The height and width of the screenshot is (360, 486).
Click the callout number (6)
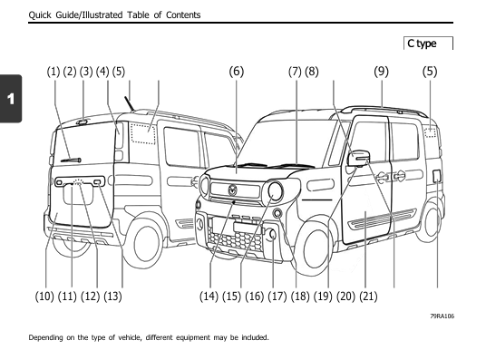click(x=237, y=71)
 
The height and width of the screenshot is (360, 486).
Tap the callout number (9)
click(x=381, y=71)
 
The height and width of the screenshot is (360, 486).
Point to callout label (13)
click(x=113, y=296)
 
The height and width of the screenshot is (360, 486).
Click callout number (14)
click(x=209, y=296)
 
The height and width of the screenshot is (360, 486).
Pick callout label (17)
click(x=277, y=296)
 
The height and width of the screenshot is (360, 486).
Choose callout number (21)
click(x=368, y=296)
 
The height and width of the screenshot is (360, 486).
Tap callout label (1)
click(x=53, y=71)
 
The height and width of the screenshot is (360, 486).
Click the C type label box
click(x=428, y=43)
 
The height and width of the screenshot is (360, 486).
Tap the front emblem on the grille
click(x=232, y=190)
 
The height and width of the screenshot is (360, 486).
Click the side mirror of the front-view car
click(x=360, y=159)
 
